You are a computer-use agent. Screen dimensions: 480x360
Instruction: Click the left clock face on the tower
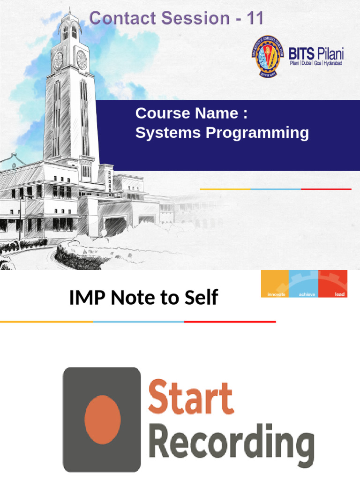tap(59, 60)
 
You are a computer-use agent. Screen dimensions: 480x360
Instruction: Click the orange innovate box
tap(275, 284)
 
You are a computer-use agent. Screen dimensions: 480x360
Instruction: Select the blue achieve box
tap(304, 284)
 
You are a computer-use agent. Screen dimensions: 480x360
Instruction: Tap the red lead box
tap(333, 284)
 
